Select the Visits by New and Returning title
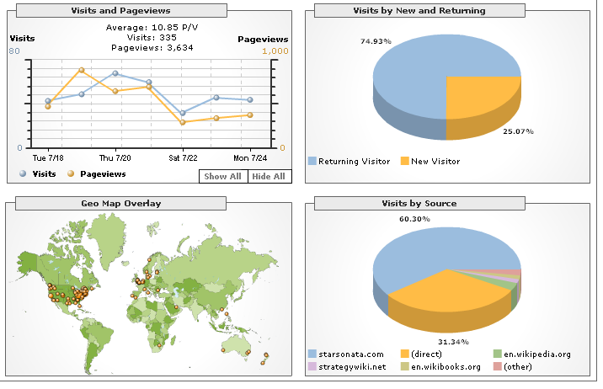[445, 10]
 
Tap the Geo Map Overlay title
[120, 203]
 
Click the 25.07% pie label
[517, 131]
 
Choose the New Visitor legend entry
[435, 161]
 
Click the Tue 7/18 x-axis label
[48, 157]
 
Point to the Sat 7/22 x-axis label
[183, 157]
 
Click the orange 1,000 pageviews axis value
[275, 51]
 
